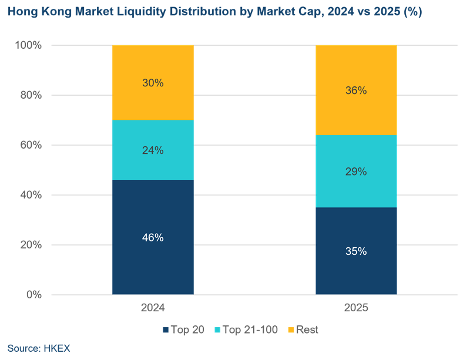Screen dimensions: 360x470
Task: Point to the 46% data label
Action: (153, 238)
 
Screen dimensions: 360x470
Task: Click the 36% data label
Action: (356, 90)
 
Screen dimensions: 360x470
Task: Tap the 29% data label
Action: (356, 171)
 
